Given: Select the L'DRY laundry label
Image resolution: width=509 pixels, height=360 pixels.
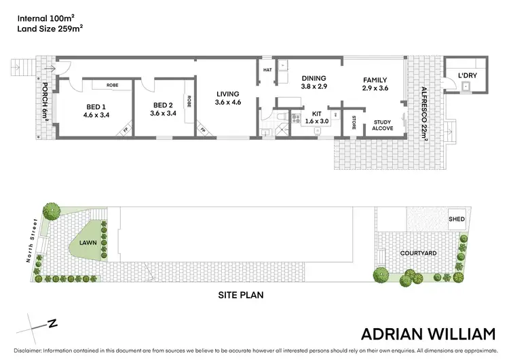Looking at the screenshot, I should [467, 75].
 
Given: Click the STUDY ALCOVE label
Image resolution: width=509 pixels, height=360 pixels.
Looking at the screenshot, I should [382, 126].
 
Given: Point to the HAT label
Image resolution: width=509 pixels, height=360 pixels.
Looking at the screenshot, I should [267, 69].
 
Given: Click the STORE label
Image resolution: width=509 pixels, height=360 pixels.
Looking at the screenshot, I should [354, 123].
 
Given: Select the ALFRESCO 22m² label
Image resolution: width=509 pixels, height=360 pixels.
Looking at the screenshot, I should [424, 109].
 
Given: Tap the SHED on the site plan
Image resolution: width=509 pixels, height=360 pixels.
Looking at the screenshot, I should [456, 220].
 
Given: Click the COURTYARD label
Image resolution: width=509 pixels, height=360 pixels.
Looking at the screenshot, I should [418, 253].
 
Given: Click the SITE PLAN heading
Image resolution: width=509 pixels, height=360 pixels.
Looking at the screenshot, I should [240, 295].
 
